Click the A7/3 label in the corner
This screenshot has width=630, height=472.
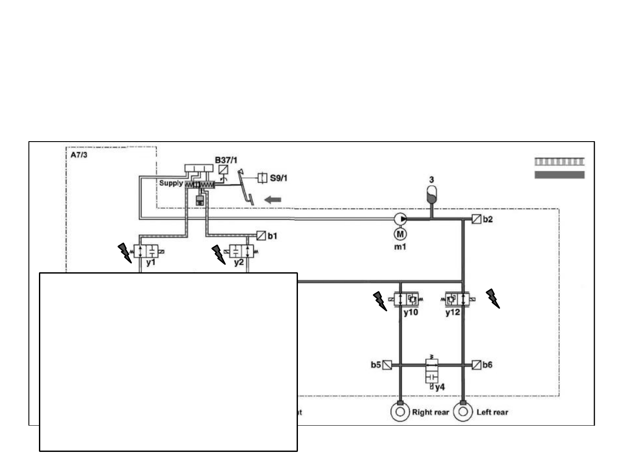[x=79, y=155]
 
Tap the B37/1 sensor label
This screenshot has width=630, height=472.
[x=226, y=160]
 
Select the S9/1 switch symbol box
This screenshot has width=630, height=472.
[x=262, y=178]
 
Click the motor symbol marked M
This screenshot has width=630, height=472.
[x=400, y=234]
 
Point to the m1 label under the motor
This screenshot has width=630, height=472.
[x=400, y=246]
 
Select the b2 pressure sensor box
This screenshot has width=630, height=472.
[x=476, y=219]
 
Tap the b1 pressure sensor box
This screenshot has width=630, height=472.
[x=261, y=236]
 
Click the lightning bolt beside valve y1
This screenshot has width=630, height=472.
[x=125, y=253]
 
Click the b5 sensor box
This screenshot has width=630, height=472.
[x=387, y=364]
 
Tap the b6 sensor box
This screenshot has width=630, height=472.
[x=476, y=364]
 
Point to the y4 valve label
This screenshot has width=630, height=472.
[x=440, y=387]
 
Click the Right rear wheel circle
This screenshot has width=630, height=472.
[x=400, y=412]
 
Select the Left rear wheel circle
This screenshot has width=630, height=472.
[x=463, y=412]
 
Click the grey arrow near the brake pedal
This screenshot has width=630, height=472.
[x=273, y=200]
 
